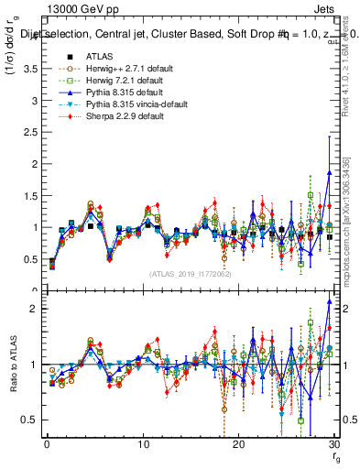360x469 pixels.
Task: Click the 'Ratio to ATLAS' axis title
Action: [14, 365]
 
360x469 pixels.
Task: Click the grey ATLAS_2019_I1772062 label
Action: [191, 274]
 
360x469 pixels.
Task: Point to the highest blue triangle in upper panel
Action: [329, 173]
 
